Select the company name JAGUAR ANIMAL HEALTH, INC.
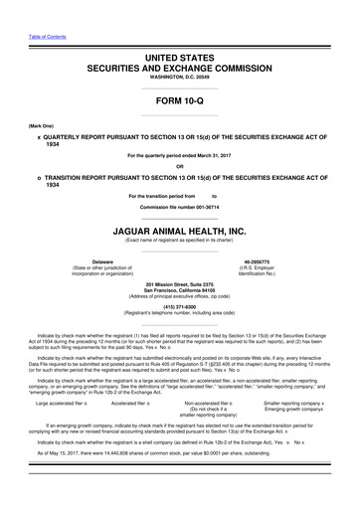(179, 231)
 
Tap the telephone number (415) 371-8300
(179, 307)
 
